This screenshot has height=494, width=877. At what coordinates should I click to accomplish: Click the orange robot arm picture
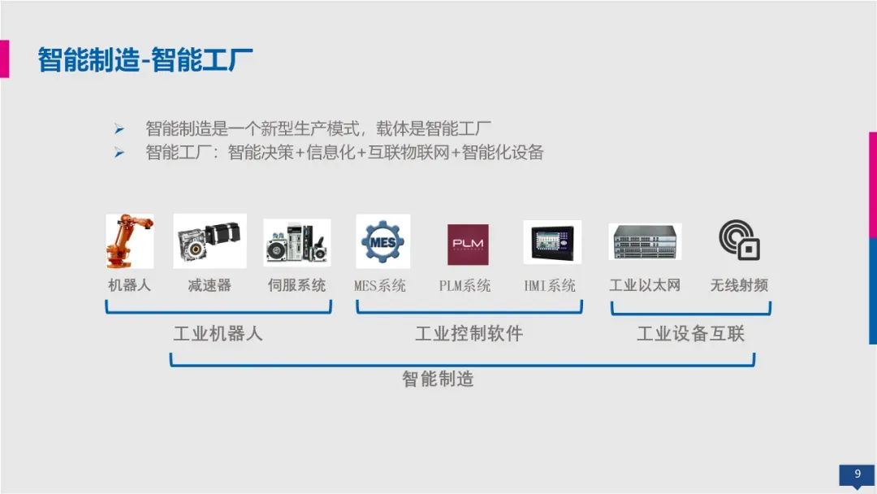click(130, 240)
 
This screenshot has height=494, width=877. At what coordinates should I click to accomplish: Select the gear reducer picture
click(210, 241)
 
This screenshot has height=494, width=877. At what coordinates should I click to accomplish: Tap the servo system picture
click(297, 242)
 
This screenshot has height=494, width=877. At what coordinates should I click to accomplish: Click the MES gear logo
click(382, 241)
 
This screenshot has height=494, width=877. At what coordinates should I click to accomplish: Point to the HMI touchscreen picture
click(552, 242)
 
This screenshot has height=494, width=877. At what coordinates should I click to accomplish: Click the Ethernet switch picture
click(645, 242)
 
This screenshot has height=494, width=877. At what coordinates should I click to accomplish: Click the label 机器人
click(130, 285)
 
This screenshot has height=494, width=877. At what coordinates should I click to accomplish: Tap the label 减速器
click(210, 285)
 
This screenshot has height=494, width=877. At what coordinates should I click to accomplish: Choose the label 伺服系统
click(297, 285)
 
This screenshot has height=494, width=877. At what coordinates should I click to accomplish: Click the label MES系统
click(380, 286)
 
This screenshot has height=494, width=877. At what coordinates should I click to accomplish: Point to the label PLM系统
click(465, 286)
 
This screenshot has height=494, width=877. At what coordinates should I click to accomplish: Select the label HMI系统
click(550, 286)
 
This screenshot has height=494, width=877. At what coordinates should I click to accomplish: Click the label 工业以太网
click(645, 285)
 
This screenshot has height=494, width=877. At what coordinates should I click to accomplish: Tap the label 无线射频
click(739, 285)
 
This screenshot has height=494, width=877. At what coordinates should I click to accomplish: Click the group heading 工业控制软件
click(469, 334)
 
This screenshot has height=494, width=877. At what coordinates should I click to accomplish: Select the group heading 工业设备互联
click(691, 334)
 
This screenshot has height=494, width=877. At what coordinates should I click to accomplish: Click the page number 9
click(858, 474)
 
